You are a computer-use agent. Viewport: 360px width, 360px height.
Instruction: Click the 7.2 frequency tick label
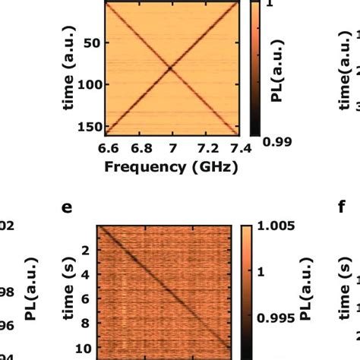[x=206, y=147]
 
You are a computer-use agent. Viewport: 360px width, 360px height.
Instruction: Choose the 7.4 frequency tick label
[x=238, y=147]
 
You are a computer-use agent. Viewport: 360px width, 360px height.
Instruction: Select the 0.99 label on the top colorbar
[x=276, y=141]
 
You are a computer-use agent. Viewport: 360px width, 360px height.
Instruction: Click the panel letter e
[x=66, y=206]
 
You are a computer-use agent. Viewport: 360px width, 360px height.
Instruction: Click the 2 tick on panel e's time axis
[x=87, y=251]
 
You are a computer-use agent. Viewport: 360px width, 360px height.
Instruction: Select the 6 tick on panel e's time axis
[x=87, y=299]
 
